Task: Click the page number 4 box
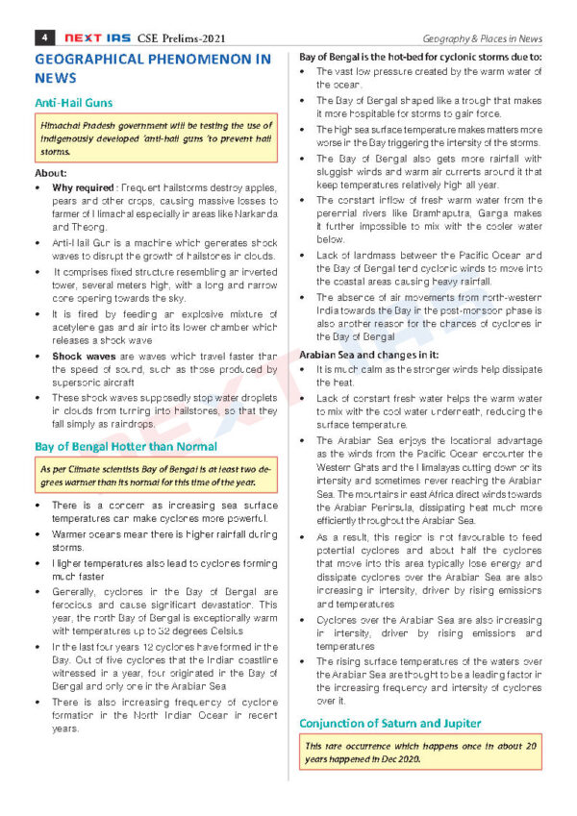pyautogui.click(x=42, y=37)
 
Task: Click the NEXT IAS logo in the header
pyautogui.click(x=94, y=37)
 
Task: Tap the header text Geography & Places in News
pyautogui.click(x=484, y=38)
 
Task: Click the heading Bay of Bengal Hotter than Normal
pyautogui.click(x=126, y=446)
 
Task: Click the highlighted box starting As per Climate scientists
pyautogui.click(x=155, y=475)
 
